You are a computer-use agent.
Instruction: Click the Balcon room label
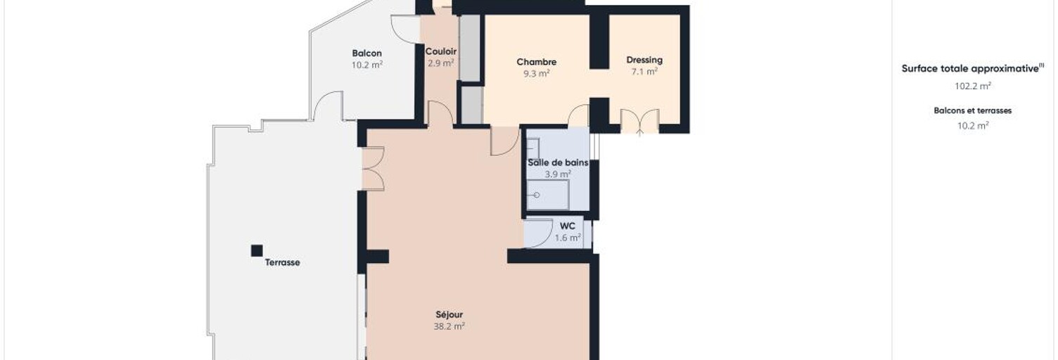[x=367, y=53]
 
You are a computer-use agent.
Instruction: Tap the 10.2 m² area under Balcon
[x=367, y=65]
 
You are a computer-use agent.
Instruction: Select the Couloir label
[x=440, y=51]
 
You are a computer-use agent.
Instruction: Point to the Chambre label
[x=536, y=62]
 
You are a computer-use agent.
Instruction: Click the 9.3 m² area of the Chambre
[x=536, y=74]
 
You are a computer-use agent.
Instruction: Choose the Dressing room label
[x=644, y=60]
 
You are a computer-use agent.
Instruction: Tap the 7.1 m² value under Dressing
[x=644, y=72]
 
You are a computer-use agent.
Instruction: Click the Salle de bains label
[x=558, y=162]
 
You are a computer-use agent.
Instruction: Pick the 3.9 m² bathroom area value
[x=558, y=174]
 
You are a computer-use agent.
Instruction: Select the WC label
[x=567, y=226]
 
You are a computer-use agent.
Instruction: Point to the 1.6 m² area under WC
[x=567, y=238]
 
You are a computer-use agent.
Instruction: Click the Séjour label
[x=450, y=314]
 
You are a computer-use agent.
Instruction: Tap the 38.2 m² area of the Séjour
[x=450, y=326]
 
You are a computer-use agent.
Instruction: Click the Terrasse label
[x=282, y=262]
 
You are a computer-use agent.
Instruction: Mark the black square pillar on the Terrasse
[x=257, y=250]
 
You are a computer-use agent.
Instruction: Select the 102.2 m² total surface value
[x=972, y=86]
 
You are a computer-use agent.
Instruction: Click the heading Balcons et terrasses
[x=972, y=110]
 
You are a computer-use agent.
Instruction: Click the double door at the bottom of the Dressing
[x=639, y=122]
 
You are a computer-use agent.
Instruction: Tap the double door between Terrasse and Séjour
[x=373, y=169]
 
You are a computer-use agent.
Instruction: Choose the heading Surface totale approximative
[x=972, y=68]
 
